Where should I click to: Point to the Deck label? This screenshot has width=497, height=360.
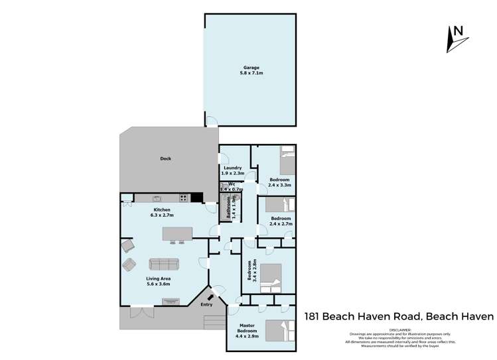pos(166,158)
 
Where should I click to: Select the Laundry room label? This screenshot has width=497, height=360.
pos(232,168)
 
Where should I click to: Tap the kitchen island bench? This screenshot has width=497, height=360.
pos(178,234)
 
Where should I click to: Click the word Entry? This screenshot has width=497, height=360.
pos(207,305)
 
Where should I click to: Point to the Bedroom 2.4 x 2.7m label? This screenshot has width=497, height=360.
pos(280,221)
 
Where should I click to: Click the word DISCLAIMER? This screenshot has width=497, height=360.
pos(399,328)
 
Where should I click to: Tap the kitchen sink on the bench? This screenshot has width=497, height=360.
pos(157,198)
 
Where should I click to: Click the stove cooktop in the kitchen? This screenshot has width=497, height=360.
pos(184,198)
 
